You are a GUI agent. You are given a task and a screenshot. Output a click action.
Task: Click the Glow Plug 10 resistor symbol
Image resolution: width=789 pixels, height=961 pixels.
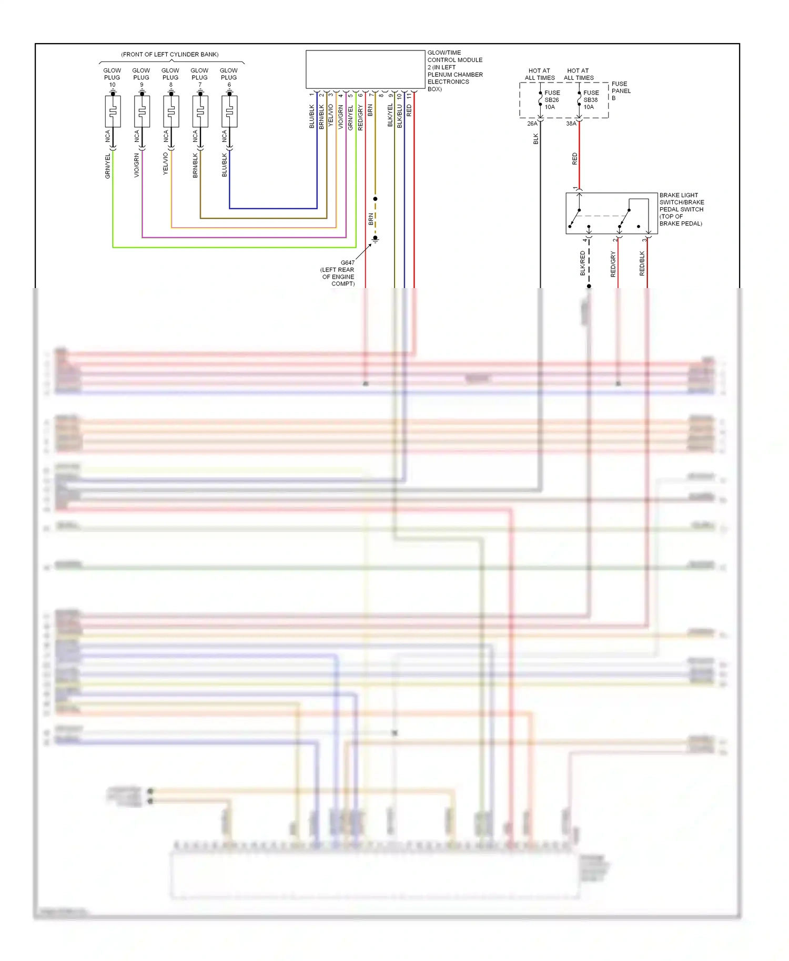113,111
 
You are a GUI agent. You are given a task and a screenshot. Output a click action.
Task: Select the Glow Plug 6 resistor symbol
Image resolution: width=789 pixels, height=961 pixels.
229,111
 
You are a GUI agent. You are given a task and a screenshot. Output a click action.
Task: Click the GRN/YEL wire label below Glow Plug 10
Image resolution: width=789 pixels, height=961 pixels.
108,166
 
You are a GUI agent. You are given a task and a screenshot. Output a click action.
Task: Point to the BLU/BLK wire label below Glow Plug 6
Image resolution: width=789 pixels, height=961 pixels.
225,165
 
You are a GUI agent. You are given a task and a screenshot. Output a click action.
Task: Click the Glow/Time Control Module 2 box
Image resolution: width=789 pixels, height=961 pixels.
365,69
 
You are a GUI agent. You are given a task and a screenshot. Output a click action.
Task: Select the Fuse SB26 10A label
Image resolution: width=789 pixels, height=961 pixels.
551,100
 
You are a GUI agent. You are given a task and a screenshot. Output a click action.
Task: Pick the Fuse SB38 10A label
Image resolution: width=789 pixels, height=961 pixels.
591,100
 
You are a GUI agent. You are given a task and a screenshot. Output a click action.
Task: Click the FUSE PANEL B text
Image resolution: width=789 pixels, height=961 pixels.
620,91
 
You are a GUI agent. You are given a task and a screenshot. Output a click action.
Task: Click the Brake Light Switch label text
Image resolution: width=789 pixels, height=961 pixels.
681,209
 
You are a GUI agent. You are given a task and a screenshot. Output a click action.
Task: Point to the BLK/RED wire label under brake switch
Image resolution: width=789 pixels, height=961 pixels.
583,263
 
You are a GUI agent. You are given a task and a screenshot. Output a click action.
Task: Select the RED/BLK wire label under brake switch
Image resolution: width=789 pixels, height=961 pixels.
642,263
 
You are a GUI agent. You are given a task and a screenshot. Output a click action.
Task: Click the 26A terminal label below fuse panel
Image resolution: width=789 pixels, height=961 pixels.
532,124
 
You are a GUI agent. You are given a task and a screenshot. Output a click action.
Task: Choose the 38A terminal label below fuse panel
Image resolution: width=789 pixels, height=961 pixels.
571,124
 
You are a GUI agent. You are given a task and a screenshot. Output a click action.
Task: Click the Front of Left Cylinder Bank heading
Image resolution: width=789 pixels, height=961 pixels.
170,54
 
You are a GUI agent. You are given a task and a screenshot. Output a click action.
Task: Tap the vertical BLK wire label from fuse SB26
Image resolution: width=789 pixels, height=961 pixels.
536,139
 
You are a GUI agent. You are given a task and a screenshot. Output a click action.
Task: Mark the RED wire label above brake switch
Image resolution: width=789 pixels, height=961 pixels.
574,159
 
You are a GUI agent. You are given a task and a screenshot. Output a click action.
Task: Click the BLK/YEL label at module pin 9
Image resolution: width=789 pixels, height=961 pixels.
390,115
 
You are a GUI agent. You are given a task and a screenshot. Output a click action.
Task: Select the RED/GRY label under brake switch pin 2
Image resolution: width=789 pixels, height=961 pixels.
613,264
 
